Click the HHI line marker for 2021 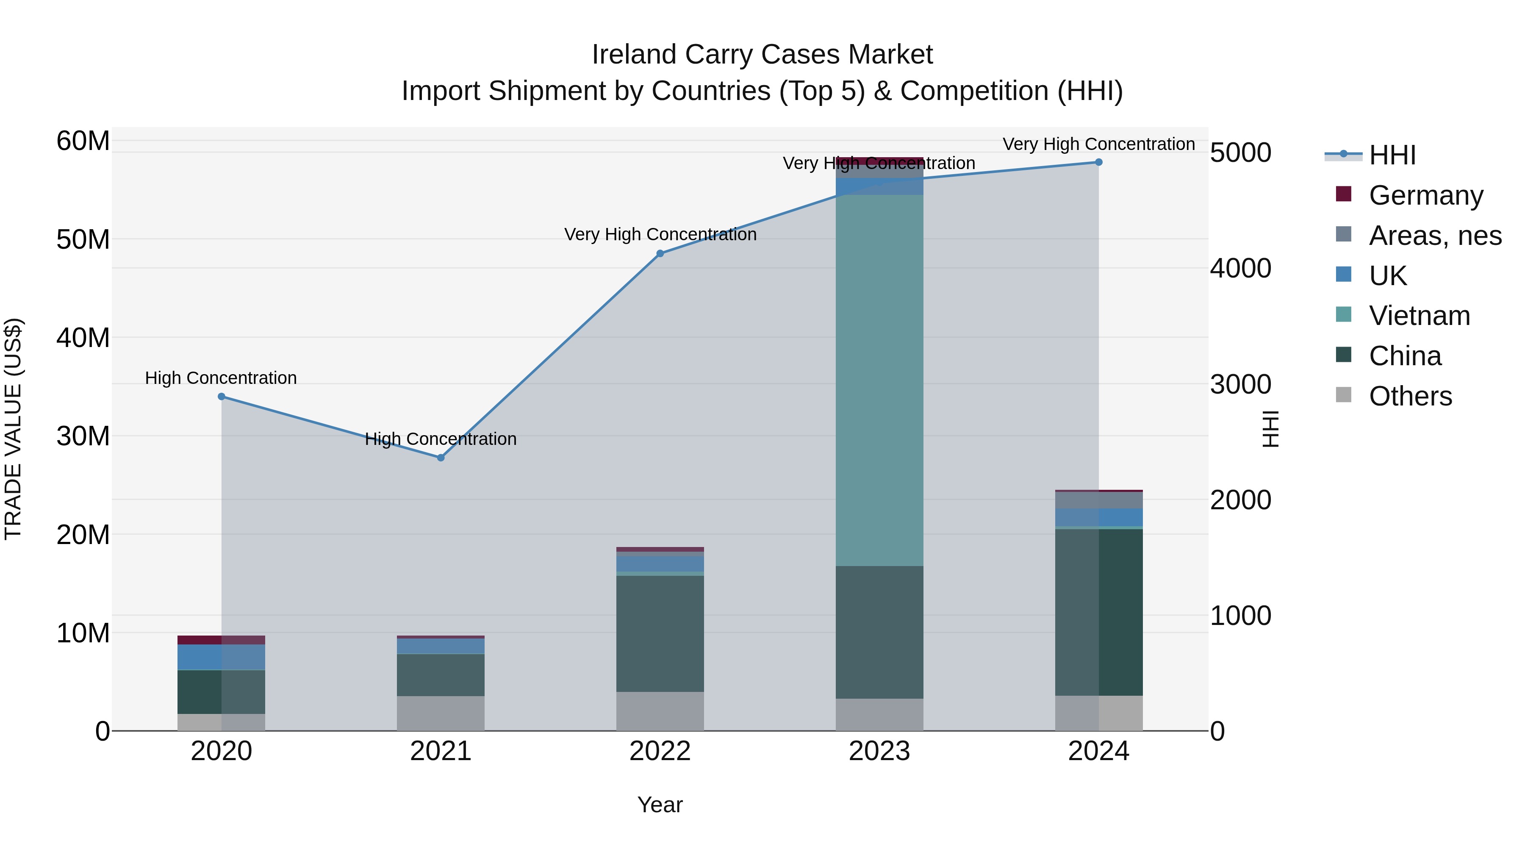[441, 458]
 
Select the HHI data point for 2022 [660, 253]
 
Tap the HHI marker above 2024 [1099, 162]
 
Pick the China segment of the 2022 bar [660, 633]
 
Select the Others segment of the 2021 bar [441, 713]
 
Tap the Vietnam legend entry [1419, 316]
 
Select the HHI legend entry [1392, 155]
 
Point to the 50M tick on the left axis [83, 240]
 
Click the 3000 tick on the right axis [1240, 384]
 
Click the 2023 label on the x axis [879, 751]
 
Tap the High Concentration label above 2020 [221, 378]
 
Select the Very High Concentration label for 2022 [660, 234]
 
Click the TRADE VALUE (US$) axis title [13, 429]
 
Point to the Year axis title [660, 805]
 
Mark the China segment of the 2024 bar [1099, 612]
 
